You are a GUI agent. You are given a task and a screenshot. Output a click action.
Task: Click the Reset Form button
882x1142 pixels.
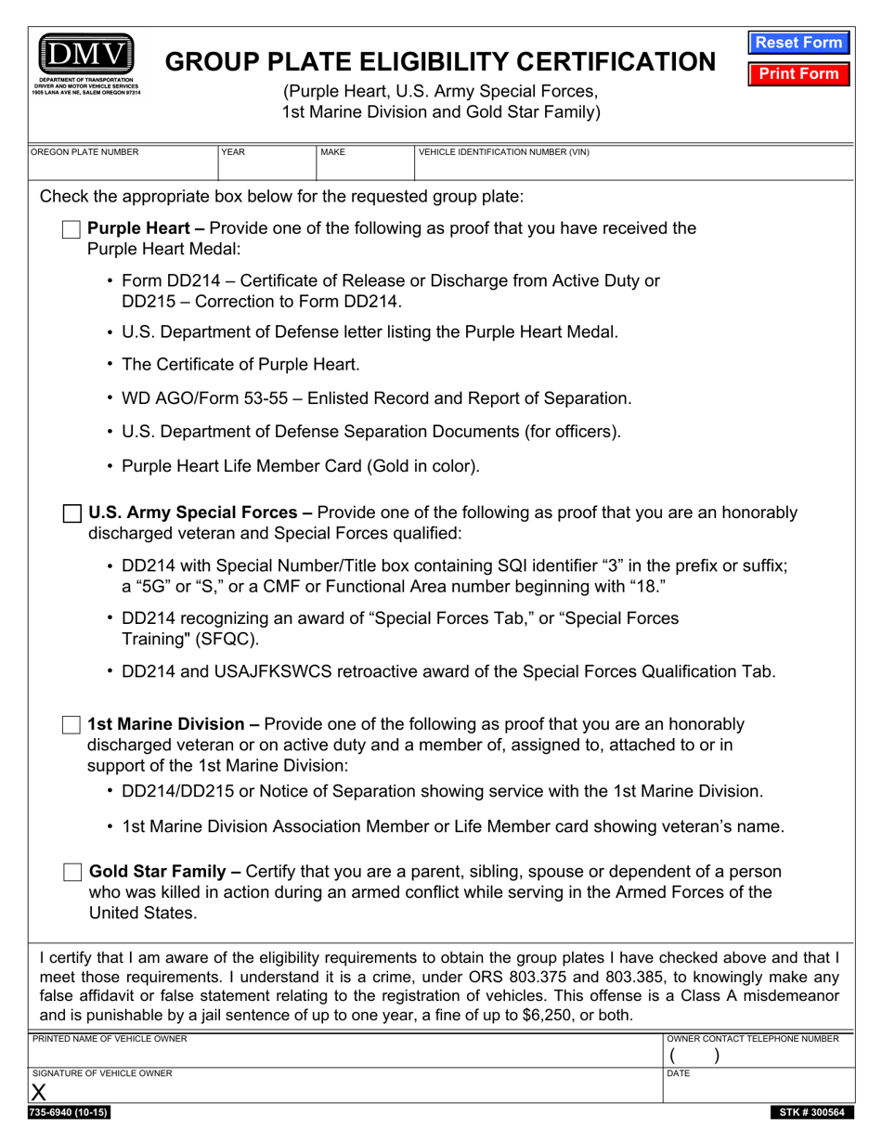[798, 43]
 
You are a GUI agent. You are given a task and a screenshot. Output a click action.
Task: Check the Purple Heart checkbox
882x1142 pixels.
[71, 229]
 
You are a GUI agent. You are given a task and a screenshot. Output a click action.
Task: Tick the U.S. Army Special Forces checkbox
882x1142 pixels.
[71, 513]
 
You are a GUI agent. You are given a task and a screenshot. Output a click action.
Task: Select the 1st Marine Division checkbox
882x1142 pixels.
[71, 725]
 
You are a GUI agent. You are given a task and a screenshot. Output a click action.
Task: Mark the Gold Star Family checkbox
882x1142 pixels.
[71, 873]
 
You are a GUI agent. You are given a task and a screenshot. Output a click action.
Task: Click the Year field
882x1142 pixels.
[266, 168]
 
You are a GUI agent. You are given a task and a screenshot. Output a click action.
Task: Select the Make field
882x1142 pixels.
[364, 168]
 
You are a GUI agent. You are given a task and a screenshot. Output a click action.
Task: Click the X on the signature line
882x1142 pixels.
[39, 1093]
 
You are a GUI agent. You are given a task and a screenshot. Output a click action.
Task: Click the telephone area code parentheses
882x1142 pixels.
[694, 1056]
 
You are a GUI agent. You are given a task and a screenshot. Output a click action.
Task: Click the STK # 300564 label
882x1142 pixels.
[807, 1112]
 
